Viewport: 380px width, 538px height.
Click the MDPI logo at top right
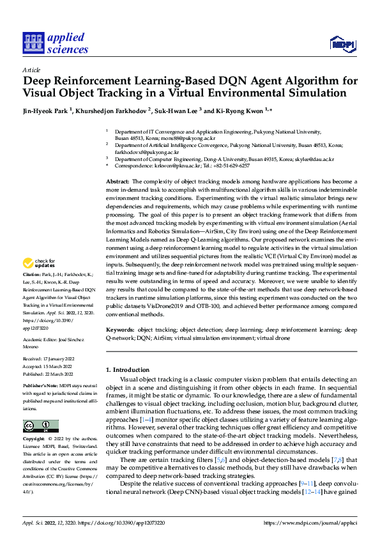coord(342,43)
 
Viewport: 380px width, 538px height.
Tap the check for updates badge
coord(41,263)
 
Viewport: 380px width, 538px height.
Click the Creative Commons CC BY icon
coord(40,426)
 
